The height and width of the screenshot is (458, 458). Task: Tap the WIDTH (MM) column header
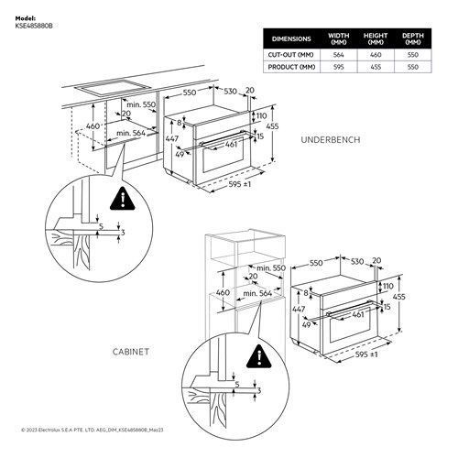click(x=339, y=39)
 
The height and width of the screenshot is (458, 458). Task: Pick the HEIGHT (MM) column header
click(x=376, y=39)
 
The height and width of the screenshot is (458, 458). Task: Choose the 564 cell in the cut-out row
click(x=339, y=55)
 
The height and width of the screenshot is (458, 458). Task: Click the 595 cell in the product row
click(x=339, y=67)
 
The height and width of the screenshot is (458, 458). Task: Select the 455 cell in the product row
click(x=376, y=67)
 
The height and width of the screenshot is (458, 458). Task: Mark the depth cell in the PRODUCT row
click(x=412, y=67)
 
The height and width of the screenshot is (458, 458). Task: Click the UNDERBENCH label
click(x=332, y=139)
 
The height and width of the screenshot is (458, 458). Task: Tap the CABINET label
click(x=133, y=351)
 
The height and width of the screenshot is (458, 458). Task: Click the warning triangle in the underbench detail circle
click(x=119, y=198)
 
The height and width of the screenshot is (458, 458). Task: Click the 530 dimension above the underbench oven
click(x=231, y=93)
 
